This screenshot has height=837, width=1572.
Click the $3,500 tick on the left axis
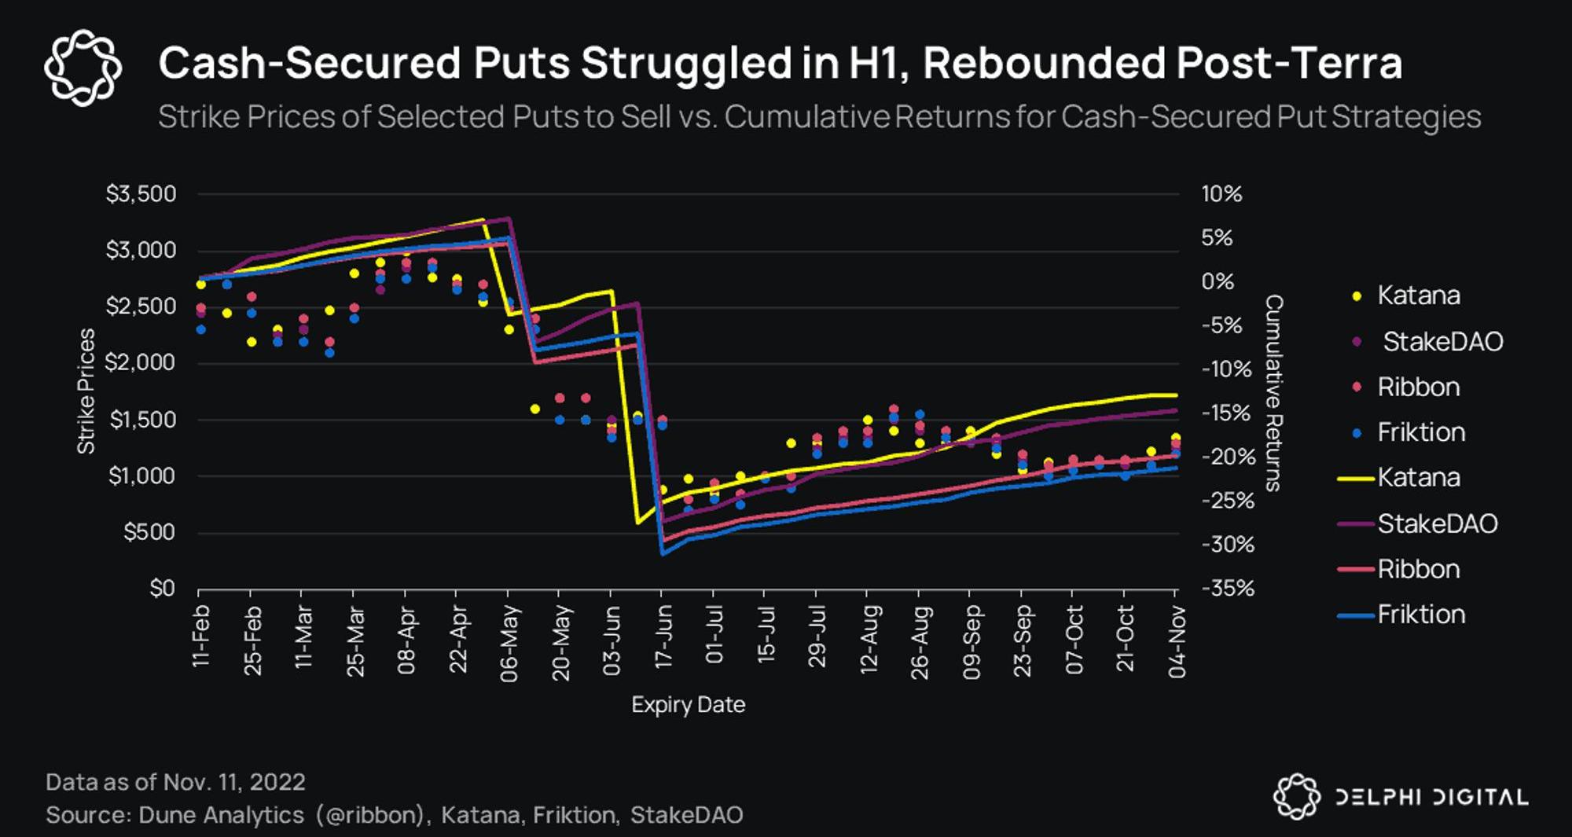pos(141,194)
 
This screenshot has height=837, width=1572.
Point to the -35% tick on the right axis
pos(1228,588)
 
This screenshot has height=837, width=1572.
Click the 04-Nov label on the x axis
pos(1177,641)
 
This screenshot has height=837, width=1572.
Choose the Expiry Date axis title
pos(688,704)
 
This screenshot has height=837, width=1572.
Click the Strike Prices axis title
pos(86,391)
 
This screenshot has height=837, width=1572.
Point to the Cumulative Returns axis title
pos(1274,393)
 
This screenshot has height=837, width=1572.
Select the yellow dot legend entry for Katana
pos(1357,296)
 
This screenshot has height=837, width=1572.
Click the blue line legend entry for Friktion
pos(1355,615)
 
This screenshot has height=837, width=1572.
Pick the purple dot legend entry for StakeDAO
pos(1357,342)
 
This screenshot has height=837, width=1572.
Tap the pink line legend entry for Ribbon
pos(1355,569)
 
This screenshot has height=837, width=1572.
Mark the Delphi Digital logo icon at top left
pos(83,68)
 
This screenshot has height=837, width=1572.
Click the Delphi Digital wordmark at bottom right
pos(1431,798)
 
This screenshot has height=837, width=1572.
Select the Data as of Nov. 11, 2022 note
pos(175,782)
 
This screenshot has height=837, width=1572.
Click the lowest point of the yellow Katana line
pos(637,523)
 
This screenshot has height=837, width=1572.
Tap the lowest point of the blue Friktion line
pos(663,554)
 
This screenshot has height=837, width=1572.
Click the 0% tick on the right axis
pos(1218,281)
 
